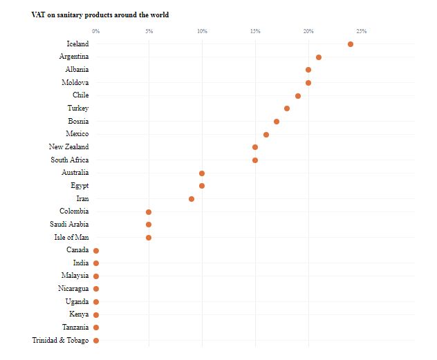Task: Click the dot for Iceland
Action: tap(351, 44)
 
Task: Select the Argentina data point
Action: tap(319, 57)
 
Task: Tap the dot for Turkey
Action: tap(287, 108)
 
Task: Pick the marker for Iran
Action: tap(192, 199)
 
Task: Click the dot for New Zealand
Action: tap(255, 147)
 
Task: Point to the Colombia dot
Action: tap(149, 212)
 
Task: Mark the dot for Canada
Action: tap(96, 251)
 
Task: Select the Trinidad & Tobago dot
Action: tap(96, 341)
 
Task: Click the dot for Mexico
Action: tap(266, 135)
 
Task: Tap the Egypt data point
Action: tap(202, 186)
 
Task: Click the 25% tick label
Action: tap(361, 31)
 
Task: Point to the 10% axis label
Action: tap(202, 31)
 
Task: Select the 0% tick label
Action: tap(96, 31)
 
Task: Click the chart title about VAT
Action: tap(100, 15)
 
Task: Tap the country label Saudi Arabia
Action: tap(69, 224)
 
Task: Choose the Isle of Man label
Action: tap(71, 237)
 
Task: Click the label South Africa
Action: tap(69, 160)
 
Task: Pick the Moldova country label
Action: tap(75, 82)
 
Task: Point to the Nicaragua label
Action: tap(73, 288)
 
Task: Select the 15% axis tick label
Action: tap(255, 31)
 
